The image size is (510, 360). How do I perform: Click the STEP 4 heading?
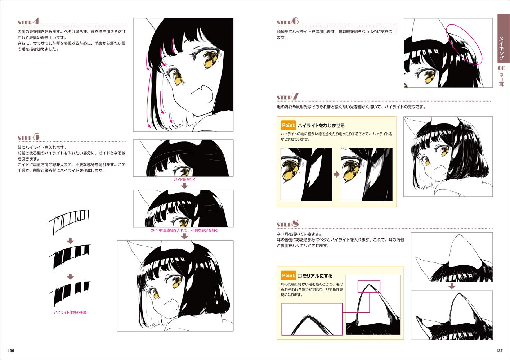click(29, 22)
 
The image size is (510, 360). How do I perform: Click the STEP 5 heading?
click(29, 137)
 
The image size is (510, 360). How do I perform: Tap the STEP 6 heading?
click(288, 21)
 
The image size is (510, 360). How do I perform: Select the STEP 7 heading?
click(288, 96)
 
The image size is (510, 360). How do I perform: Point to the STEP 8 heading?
click(288, 224)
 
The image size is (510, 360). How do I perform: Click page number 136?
click(11, 350)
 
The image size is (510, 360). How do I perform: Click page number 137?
click(499, 350)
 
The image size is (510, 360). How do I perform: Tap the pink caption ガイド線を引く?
click(184, 180)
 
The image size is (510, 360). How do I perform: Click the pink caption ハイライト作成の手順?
click(70, 312)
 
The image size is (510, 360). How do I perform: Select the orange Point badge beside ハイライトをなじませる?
click(288, 125)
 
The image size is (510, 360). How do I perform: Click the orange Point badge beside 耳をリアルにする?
click(288, 275)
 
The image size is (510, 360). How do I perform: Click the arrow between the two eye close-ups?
click(336, 175)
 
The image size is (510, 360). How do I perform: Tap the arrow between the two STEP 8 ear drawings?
click(452, 286)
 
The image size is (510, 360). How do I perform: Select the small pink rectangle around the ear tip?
click(369, 281)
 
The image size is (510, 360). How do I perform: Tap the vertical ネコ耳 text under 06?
click(501, 80)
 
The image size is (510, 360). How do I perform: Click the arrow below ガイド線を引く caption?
click(184, 186)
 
